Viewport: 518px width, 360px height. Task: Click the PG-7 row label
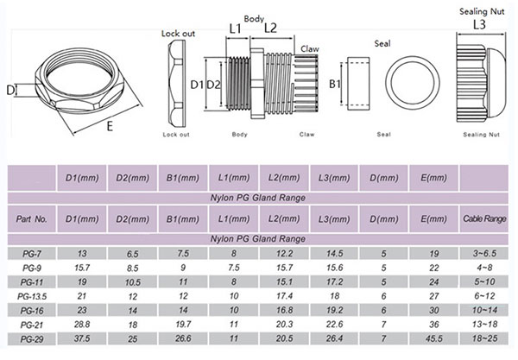tap(28, 252)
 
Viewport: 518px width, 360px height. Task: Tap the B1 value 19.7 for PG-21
tap(182, 323)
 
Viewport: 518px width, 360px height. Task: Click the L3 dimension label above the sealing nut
tap(479, 27)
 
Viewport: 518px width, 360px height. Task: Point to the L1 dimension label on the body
tap(234, 28)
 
